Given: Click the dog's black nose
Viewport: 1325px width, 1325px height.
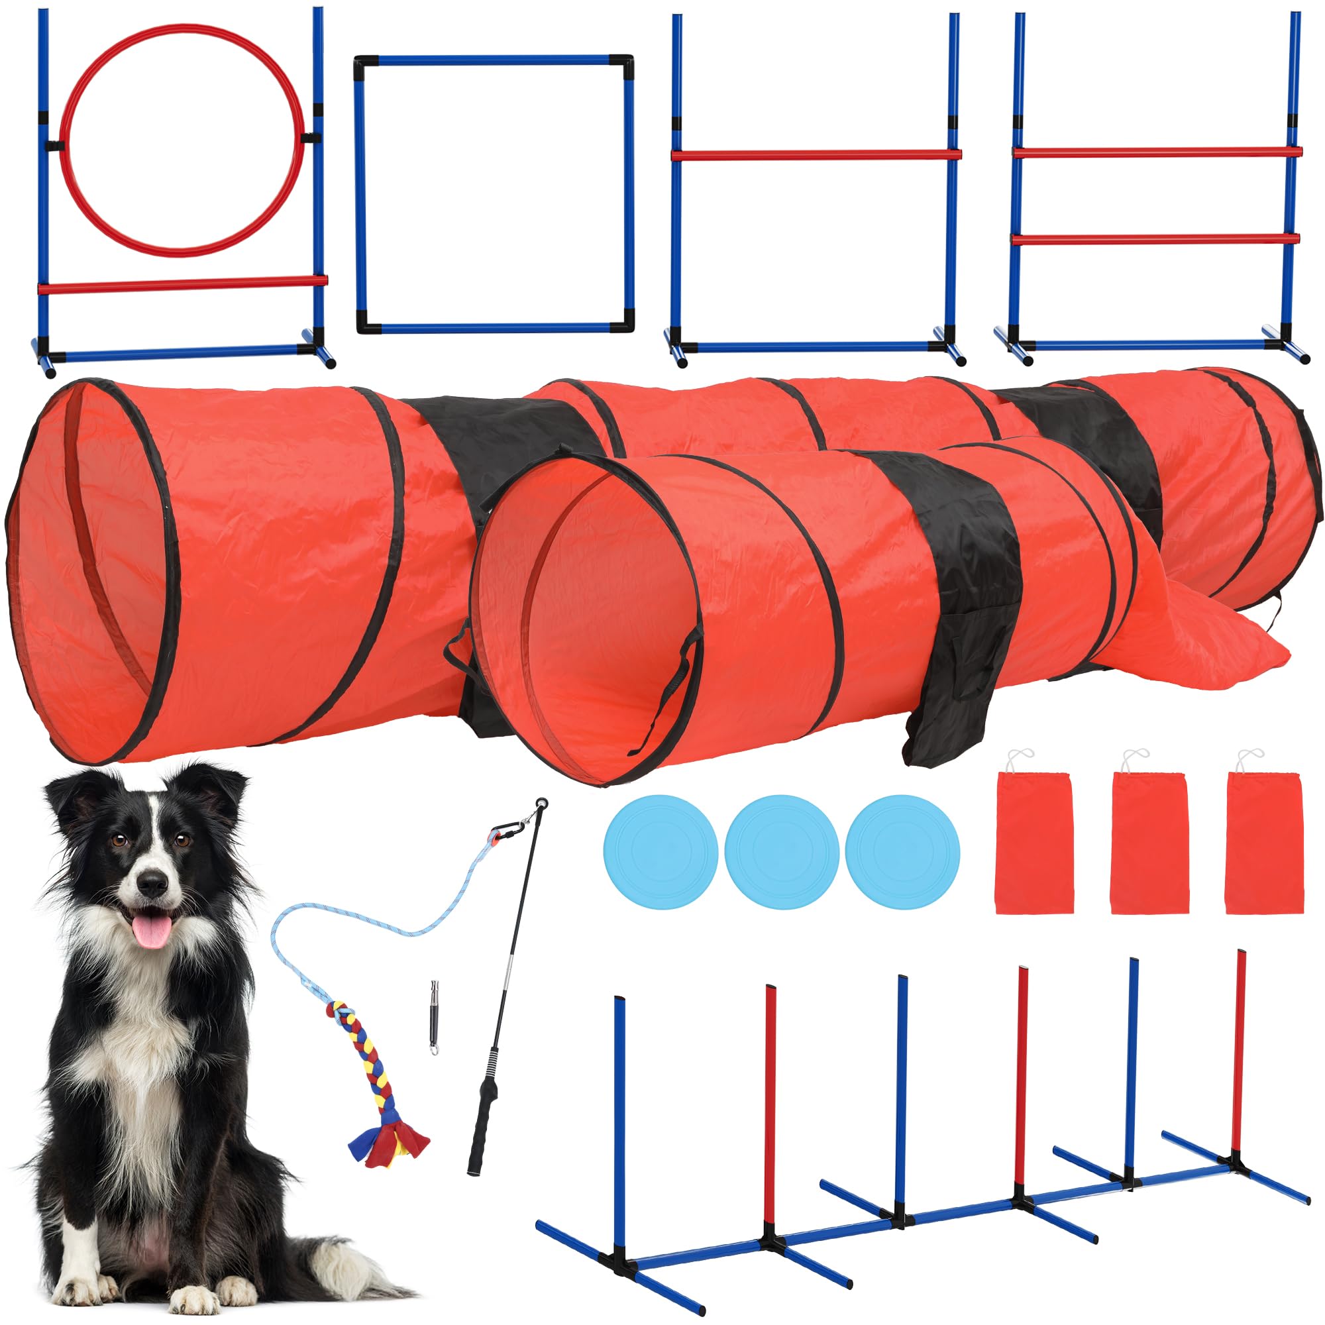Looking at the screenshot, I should [152, 884].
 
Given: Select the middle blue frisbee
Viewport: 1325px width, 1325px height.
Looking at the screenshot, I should [781, 853].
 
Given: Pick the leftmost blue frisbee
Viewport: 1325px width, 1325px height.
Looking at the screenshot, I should [661, 853].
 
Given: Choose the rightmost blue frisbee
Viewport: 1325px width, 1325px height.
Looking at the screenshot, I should [902, 853].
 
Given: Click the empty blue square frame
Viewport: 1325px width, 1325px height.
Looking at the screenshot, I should [494, 60].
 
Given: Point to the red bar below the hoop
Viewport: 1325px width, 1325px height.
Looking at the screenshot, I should [182, 284].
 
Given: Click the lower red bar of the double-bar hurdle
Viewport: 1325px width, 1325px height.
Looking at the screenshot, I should [1155, 239].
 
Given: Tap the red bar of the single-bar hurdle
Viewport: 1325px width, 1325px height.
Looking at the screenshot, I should [816, 155].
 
